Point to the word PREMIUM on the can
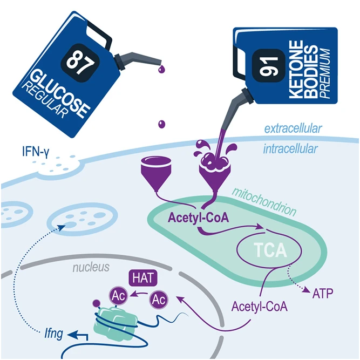(325, 74)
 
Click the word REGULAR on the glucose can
(45, 100)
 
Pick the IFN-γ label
(36, 152)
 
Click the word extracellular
(293, 128)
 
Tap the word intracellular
(291, 149)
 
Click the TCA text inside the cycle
(270, 250)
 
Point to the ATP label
(323, 293)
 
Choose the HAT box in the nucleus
(143, 278)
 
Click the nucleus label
(91, 267)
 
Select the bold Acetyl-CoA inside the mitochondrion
(199, 217)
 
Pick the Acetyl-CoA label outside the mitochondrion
(260, 306)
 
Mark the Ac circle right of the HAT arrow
(159, 300)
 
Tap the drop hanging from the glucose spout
(161, 69)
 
